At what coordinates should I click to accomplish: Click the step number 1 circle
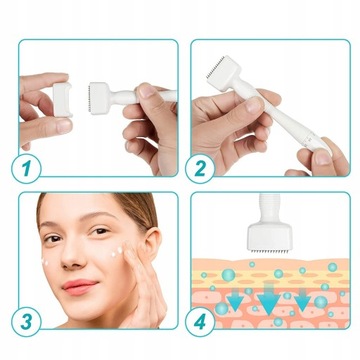26,169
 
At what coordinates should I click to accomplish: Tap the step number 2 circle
200,169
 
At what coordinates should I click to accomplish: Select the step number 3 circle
26,322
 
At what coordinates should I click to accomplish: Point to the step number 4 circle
200,322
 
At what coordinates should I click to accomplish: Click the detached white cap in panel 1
63,99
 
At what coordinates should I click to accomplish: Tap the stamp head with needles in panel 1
99,98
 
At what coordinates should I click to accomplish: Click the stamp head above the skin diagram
270,237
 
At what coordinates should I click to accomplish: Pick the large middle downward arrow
269,297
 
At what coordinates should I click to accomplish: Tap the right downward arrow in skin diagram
302,299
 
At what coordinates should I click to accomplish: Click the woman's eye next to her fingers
100,231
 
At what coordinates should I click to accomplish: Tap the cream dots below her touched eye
116,252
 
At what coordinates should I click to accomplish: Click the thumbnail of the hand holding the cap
64,126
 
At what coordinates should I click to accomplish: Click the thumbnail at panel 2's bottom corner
323,158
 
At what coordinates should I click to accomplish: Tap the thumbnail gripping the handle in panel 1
146,91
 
